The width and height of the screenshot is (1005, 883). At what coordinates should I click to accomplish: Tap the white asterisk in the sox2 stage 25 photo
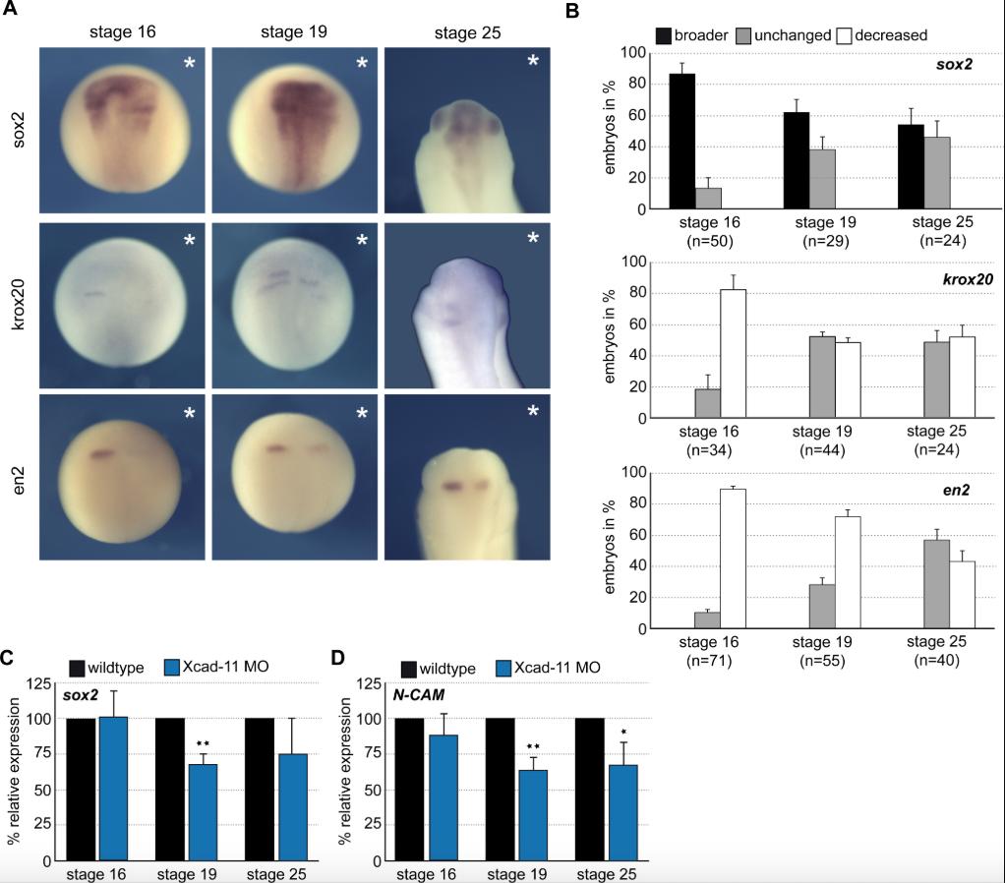pyautogui.click(x=534, y=62)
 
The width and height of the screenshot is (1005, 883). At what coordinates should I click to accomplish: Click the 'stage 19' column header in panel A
pyautogui.click(x=293, y=33)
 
